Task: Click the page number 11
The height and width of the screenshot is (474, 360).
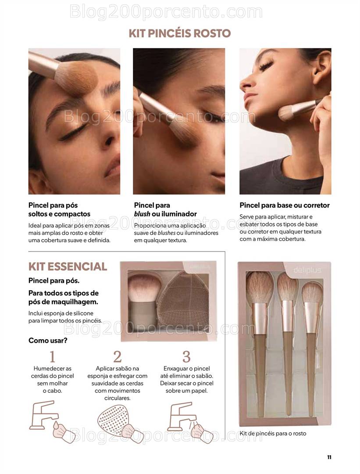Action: click(329, 457)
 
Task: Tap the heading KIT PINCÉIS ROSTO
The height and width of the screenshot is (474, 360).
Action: click(180, 33)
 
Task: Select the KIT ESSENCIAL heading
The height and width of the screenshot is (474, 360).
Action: click(68, 266)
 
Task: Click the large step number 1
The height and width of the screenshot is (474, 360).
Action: click(52, 356)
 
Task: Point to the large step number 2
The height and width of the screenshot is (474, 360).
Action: click(117, 356)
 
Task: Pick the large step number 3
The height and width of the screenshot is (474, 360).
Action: click(187, 356)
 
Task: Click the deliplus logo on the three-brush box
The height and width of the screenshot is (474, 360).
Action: click(307, 270)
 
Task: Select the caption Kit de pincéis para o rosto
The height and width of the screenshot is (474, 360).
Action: click(273, 433)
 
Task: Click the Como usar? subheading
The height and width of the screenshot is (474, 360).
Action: click(48, 341)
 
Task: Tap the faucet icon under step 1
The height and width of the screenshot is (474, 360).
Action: click(43, 415)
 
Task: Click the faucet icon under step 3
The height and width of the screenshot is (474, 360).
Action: click(181, 416)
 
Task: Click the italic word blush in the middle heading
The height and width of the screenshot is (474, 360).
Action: click(142, 214)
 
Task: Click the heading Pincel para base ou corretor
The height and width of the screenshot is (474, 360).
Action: click(285, 205)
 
